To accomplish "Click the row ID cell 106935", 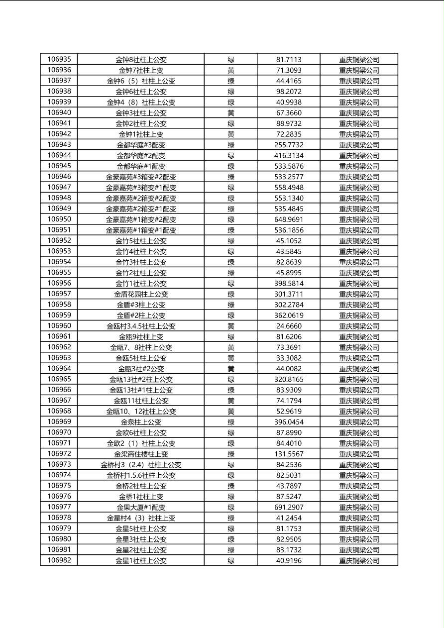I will click(59, 59).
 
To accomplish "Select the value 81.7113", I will click(289, 60).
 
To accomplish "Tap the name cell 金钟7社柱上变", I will click(141, 70).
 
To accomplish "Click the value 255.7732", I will click(289, 145).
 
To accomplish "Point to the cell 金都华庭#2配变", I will click(141, 156).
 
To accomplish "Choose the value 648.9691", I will click(289, 219).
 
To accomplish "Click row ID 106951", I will click(59, 230).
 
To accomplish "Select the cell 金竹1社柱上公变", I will click(141, 284).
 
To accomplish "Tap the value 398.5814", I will click(289, 284).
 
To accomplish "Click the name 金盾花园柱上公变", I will click(141, 294).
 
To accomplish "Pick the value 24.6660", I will click(289, 326).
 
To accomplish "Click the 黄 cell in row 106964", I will click(231, 369).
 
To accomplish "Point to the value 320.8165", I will click(289, 379).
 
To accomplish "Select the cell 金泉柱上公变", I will click(141, 422).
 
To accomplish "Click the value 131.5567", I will click(289, 454).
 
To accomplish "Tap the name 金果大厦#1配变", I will click(141, 508).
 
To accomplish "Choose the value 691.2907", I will click(289, 508).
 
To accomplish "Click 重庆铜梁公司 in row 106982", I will click(359, 561).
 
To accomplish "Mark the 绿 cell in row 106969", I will click(231, 422).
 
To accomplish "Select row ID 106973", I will click(59, 464).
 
